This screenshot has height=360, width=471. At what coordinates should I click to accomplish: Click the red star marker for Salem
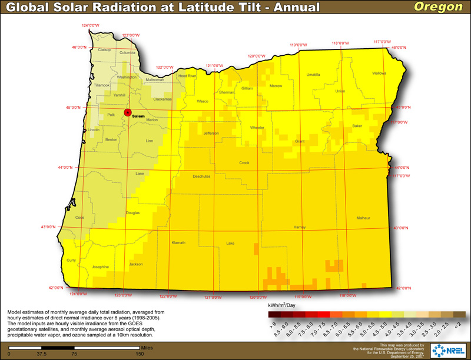127,112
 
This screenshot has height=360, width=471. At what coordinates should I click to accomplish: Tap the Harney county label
300,227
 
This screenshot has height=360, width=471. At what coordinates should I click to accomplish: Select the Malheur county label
363,218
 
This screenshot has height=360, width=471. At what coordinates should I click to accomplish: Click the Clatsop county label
104,49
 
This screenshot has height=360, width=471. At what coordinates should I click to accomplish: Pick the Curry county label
72,260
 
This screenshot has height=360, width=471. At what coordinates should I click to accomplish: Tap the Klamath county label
178,242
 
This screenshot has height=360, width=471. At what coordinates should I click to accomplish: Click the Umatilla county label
313,75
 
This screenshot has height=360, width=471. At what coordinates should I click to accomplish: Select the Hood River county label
187,76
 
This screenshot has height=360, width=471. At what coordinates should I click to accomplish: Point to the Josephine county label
101,266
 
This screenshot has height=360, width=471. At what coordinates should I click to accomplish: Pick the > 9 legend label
273,324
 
